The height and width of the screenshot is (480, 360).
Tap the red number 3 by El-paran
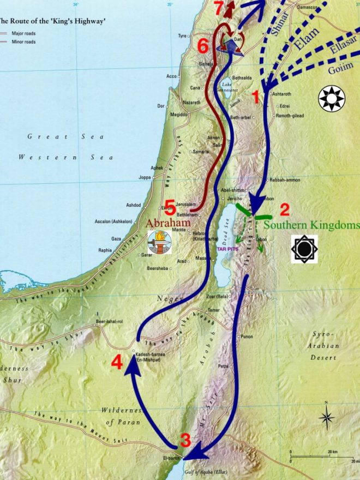pyautogui.click(x=185, y=440)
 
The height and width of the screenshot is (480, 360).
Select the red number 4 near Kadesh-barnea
pyautogui.click(x=118, y=363)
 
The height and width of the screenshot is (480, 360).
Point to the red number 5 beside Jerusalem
pyautogui.click(x=170, y=207)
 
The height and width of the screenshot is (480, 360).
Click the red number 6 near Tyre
pyautogui.click(x=203, y=46)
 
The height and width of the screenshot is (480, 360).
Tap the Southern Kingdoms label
pyautogui.click(x=311, y=225)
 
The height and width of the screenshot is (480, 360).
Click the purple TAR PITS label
pyautogui.click(x=229, y=247)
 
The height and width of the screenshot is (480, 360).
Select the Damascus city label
pyautogui.click(x=306, y=8)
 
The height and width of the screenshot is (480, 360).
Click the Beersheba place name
pyautogui.click(x=158, y=269)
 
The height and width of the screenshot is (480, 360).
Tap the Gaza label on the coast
pyautogui.click(x=116, y=239)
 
